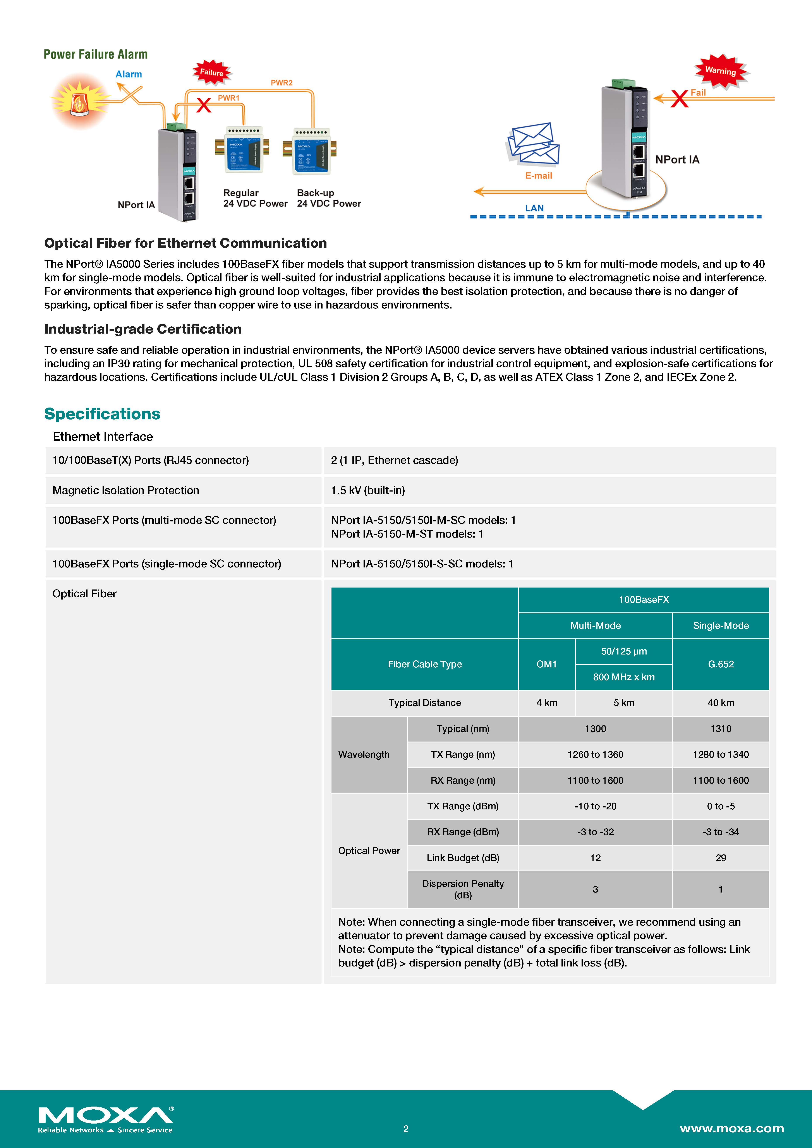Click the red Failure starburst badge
(x=212, y=72)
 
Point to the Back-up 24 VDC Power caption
(x=328, y=198)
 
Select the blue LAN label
(x=534, y=208)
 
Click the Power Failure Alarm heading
(x=96, y=55)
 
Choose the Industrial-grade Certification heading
(x=143, y=329)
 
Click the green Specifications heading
(x=103, y=414)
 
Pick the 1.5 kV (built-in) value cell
(x=368, y=490)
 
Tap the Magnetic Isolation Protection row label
(x=125, y=490)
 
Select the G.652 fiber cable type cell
(x=721, y=664)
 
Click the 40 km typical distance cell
(x=721, y=703)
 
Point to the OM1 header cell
(x=546, y=664)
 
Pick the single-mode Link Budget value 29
(x=721, y=857)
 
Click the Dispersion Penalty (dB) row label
(x=462, y=889)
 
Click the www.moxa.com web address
(x=731, y=1129)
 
